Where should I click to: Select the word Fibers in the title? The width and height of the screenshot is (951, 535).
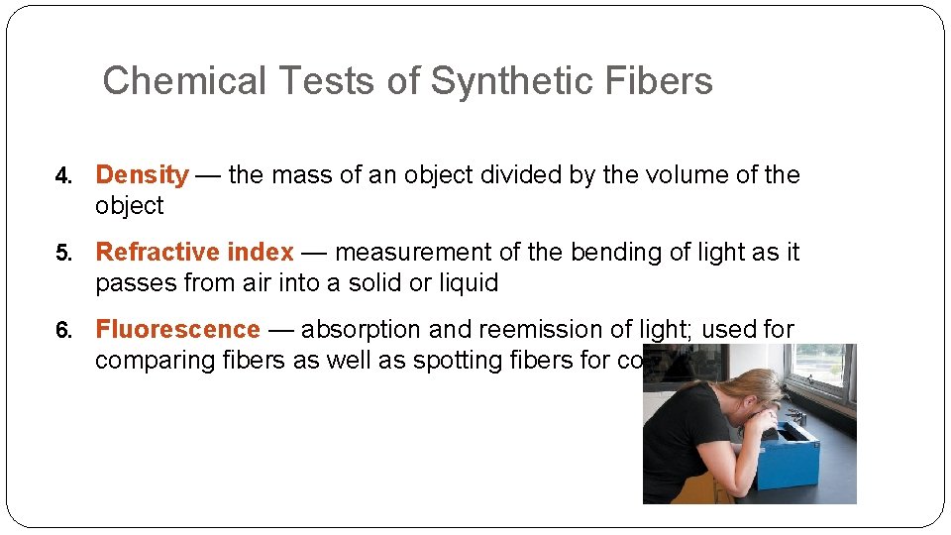pos(662,81)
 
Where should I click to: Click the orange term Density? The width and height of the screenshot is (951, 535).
pos(142,175)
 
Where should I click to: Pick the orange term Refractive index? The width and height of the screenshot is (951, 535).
pos(194,253)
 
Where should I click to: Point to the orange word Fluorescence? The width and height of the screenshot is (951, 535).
pos(177,330)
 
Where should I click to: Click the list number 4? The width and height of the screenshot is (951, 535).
pos(63,176)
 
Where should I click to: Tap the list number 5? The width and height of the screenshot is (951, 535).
pos(63,254)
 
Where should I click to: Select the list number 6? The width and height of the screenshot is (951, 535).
pos(63,331)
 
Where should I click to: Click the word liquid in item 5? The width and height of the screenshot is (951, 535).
pos(466,283)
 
